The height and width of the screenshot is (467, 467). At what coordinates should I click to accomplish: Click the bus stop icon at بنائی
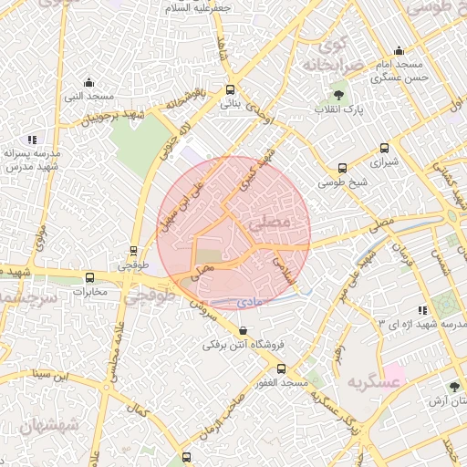[229, 89]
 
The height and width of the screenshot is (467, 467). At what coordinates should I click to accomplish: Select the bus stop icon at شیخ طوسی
[342, 168]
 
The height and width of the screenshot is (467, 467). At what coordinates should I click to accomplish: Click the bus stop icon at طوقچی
[134, 250]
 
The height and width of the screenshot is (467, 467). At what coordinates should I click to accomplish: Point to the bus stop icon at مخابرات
[89, 277]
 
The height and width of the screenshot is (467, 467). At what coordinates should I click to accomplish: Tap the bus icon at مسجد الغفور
[281, 368]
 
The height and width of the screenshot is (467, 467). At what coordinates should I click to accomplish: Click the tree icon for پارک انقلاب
[339, 93]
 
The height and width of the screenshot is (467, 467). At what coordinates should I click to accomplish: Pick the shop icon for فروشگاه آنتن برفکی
[242, 331]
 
